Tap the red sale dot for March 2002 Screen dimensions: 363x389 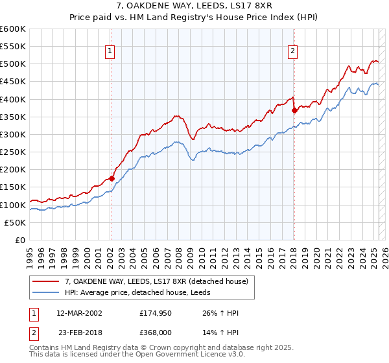[x=112, y=178]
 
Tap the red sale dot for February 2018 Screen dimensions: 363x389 [x=294, y=110]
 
